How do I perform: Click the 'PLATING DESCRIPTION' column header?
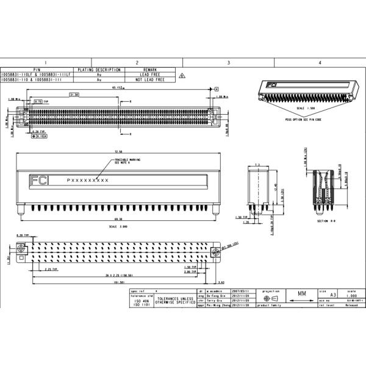(x=99, y=70)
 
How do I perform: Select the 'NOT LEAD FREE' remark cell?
(x=150, y=79)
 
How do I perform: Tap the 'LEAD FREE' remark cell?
(x=150, y=74)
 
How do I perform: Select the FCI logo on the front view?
(x=40, y=180)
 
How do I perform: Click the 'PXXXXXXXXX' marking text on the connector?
(x=88, y=181)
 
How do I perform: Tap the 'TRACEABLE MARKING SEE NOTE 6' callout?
(x=128, y=162)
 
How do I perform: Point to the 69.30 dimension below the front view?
(x=118, y=218)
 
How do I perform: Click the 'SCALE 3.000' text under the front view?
(x=118, y=226)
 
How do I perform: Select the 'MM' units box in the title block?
(x=301, y=293)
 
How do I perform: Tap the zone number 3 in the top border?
(x=228, y=63)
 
